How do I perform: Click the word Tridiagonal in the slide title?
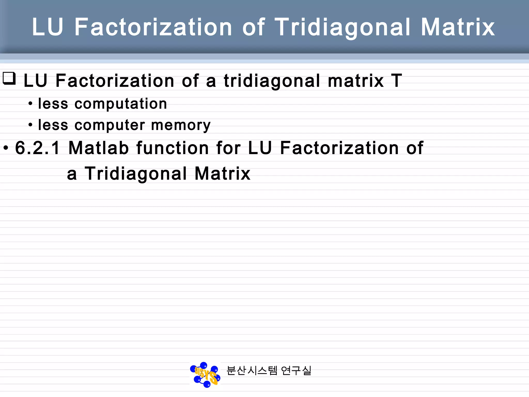[342, 27]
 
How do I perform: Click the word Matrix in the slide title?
[458, 27]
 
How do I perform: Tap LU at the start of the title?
[48, 27]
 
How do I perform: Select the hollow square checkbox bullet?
[9, 78]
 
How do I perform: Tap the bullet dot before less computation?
[30, 104]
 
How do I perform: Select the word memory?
[181, 126]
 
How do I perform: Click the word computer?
[110, 126]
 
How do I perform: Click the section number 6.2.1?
[37, 148]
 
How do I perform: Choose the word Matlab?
[98, 148]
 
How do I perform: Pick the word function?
[172, 148]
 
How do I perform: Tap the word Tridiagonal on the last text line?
[136, 173]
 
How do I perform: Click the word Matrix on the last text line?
[222, 173]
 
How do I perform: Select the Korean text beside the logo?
[269, 371]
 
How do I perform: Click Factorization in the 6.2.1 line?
[339, 148]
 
